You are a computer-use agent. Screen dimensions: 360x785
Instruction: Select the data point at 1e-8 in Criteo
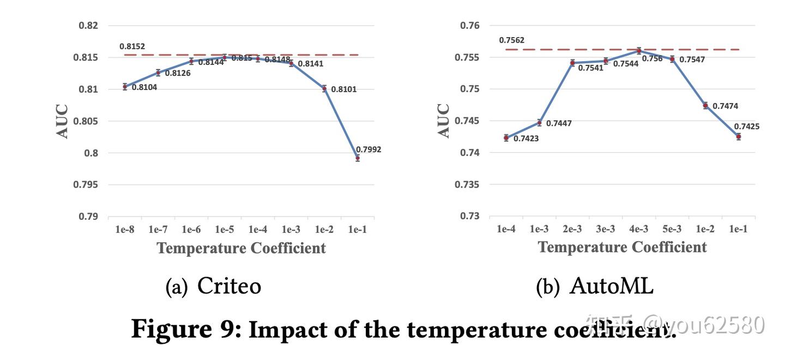click(x=125, y=86)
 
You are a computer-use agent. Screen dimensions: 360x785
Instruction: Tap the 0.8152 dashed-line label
click(x=132, y=47)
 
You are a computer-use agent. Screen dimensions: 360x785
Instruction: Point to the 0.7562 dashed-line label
click(x=511, y=40)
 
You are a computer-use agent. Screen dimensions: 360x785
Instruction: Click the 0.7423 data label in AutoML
click(x=526, y=139)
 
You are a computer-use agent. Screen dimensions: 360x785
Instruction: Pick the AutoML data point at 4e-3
click(x=639, y=51)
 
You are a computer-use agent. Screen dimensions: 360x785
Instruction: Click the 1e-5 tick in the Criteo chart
click(x=225, y=230)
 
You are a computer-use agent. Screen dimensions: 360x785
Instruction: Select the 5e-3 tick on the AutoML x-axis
click(x=672, y=230)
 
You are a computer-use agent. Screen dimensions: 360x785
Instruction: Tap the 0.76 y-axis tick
click(x=469, y=26)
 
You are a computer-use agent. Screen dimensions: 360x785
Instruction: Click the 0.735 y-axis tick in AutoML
click(x=467, y=184)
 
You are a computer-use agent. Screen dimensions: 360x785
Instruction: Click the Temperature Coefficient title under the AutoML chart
click(x=622, y=247)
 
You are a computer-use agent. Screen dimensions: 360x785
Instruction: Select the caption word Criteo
click(x=229, y=285)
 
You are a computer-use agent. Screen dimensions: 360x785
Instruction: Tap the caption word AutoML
click(x=611, y=285)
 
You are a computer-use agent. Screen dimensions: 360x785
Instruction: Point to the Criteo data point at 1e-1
click(x=358, y=158)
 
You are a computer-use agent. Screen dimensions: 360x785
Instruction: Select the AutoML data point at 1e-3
click(x=539, y=123)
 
